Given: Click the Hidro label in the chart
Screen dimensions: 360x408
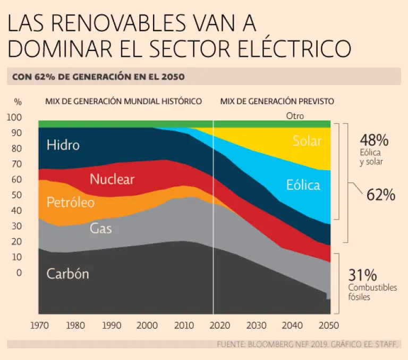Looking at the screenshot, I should [63, 145].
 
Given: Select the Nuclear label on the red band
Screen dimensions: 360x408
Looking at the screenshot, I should [112, 179].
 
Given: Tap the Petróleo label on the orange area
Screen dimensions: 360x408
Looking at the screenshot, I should [71, 203].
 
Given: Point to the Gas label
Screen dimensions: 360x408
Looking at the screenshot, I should [101, 229].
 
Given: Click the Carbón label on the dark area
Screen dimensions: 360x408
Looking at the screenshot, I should [67, 274].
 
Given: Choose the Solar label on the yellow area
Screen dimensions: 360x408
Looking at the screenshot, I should [307, 141].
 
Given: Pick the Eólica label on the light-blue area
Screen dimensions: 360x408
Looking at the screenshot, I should [303, 185].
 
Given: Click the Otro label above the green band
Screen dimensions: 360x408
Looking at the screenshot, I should [295, 115].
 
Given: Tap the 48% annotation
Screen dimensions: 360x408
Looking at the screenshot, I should [374, 140].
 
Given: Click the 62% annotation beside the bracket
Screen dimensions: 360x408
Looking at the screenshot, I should [381, 195].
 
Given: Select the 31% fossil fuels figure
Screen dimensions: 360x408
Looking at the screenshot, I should [362, 275].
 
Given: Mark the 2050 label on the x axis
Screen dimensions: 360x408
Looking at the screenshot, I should [328, 325].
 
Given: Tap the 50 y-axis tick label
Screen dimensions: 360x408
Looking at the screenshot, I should [18, 195].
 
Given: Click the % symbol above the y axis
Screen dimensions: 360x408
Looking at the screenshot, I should [18, 101].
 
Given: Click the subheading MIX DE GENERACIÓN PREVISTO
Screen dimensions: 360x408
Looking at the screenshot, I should [277, 101].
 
